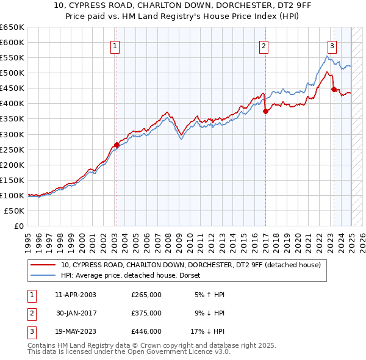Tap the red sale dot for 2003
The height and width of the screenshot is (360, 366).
(x=117, y=145)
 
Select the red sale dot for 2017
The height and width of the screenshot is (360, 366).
(x=266, y=111)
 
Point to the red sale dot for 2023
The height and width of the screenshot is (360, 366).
(x=334, y=89)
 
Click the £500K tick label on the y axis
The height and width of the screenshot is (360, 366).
(x=12, y=73)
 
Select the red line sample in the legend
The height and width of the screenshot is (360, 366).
(x=44, y=265)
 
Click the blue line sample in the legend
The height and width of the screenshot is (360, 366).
(x=44, y=275)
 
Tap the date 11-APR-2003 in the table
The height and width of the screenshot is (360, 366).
(x=76, y=295)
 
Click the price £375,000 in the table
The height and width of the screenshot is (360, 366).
(x=146, y=313)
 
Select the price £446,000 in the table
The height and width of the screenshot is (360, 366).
(x=146, y=331)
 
